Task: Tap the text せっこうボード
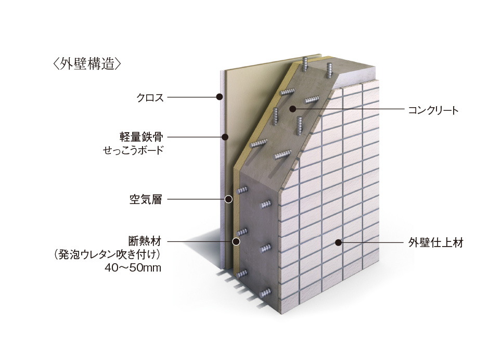(134, 151)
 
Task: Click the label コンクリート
(433, 110)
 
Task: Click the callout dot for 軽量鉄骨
(225, 137)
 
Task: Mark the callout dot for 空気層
(228, 199)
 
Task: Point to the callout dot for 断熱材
(236, 241)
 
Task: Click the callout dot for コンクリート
(292, 109)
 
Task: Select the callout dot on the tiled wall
(338, 242)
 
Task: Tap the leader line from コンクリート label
(349, 110)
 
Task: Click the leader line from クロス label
(192, 97)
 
